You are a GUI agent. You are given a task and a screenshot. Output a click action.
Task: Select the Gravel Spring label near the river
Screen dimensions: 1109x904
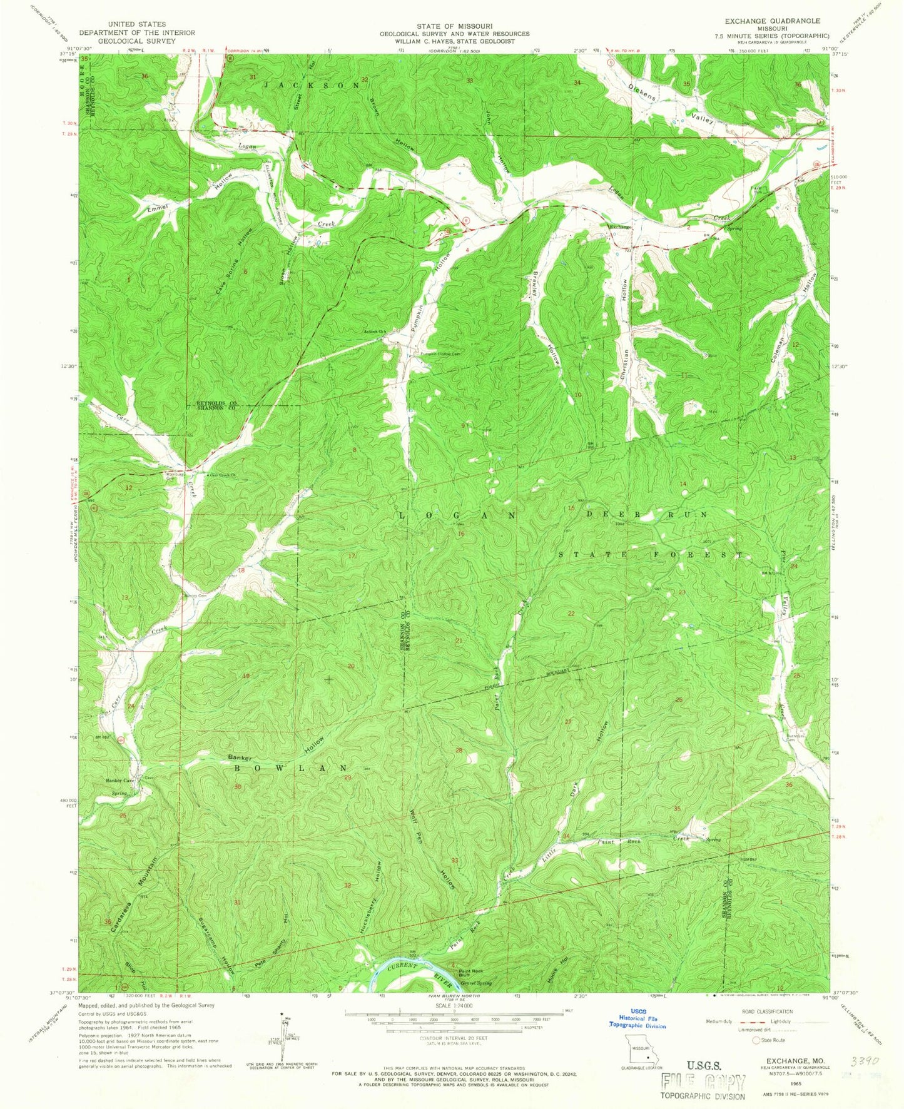pos(475,983)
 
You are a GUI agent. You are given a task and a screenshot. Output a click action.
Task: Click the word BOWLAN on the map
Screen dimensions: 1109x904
pos(290,767)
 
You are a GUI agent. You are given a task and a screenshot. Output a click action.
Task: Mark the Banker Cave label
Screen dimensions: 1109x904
pos(120,781)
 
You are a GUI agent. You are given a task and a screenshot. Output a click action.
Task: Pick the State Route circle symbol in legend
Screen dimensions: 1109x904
pos(756,1040)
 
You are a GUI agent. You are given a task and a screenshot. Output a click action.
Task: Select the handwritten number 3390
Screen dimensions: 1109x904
pos(866,1061)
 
